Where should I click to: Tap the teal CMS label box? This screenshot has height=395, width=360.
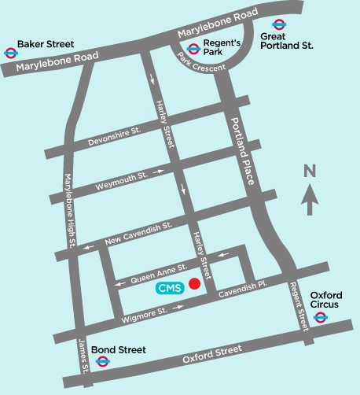click(x=169, y=288)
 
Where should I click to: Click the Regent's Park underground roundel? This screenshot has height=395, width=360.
click(x=193, y=49)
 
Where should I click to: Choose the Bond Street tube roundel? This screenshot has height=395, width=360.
click(x=102, y=361)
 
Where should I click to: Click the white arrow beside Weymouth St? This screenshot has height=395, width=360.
click(x=160, y=171)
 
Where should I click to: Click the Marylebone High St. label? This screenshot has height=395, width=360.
click(x=68, y=212)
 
